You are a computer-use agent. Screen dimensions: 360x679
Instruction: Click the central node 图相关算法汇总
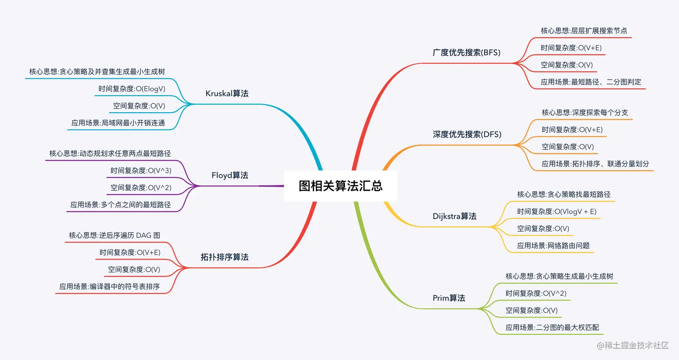(x=340, y=186)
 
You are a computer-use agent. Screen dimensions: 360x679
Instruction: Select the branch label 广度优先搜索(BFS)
(x=467, y=53)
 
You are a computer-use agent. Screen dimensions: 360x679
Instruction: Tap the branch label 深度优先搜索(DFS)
(x=467, y=134)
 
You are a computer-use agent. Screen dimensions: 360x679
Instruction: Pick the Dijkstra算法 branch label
(x=454, y=216)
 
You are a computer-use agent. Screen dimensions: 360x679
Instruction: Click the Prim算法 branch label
(x=449, y=298)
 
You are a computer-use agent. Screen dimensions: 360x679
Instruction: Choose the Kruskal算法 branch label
(x=227, y=93)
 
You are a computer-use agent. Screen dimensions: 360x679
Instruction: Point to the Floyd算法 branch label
(x=229, y=176)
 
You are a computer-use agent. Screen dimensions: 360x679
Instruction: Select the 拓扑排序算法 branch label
(x=224, y=257)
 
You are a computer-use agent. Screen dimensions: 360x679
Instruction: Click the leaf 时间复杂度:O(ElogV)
(x=132, y=89)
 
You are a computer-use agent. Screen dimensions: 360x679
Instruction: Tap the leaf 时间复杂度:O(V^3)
(x=141, y=171)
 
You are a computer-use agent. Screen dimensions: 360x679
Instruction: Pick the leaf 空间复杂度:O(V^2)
(x=141, y=188)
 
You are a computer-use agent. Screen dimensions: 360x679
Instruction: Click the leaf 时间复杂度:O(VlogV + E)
(x=556, y=211)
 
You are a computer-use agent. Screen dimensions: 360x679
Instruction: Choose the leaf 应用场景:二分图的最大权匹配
(x=552, y=328)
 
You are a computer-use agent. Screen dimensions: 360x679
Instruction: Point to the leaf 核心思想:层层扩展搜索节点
(x=584, y=31)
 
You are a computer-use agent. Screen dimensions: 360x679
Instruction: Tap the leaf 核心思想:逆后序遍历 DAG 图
(x=115, y=235)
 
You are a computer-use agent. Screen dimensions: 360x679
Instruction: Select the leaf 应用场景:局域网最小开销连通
(x=118, y=123)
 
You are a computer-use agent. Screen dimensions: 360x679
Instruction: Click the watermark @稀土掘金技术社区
(x=632, y=346)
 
